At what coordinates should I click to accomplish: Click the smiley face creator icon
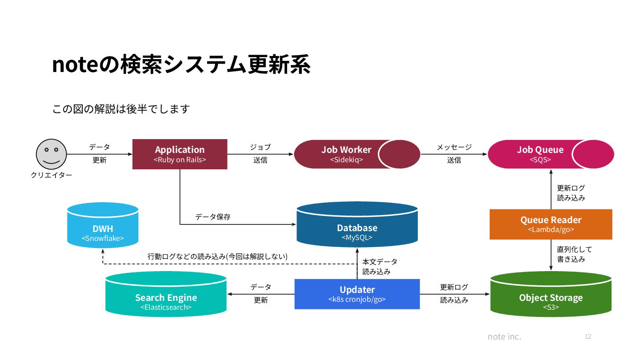[51, 154]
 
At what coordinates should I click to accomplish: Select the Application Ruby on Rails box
[180, 154]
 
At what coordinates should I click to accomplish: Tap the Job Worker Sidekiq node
[346, 154]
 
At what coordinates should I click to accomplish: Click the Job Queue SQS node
[540, 154]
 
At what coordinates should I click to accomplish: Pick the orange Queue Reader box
[551, 224]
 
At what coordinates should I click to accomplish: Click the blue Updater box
[357, 294]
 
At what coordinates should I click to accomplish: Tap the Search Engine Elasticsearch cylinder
[166, 297]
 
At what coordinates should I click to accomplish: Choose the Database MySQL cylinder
[357, 228]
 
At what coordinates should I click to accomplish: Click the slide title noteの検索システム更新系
[181, 65]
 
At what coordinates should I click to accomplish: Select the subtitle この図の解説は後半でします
[121, 109]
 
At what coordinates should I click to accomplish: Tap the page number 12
[588, 336]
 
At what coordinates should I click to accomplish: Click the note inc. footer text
[504, 336]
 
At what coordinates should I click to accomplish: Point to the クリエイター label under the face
[51, 175]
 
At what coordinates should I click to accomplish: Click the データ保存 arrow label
[213, 217]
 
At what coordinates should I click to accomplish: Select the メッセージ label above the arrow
[454, 147]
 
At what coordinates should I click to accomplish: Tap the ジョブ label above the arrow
[260, 147]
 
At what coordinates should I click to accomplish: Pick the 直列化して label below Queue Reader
[574, 249]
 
